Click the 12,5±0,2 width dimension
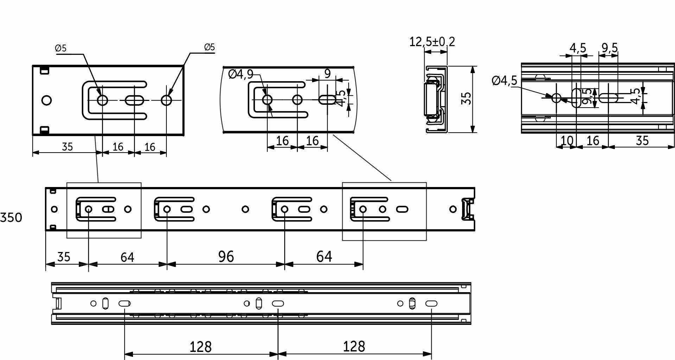pos(432,42)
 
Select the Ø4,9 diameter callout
pos(241,74)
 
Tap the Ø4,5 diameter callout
pos(504,81)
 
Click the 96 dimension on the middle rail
pos(226,257)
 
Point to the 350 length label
pos(11,218)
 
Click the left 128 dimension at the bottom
pos(200,347)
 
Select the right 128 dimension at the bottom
pos(354,347)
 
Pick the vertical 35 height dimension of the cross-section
pos(466,98)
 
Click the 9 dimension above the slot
pos(327,74)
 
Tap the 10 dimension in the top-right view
pos(567,141)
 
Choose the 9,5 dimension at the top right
pos(610,48)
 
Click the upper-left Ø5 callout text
pos(61,48)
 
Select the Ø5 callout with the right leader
pos(209,47)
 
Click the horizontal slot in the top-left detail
pos(134,101)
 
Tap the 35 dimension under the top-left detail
pos(67,147)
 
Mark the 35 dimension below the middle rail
pos(64,257)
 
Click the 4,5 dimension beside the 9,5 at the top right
pos(578,48)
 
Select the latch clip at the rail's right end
pos(466,209)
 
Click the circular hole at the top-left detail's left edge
pos(46,101)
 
